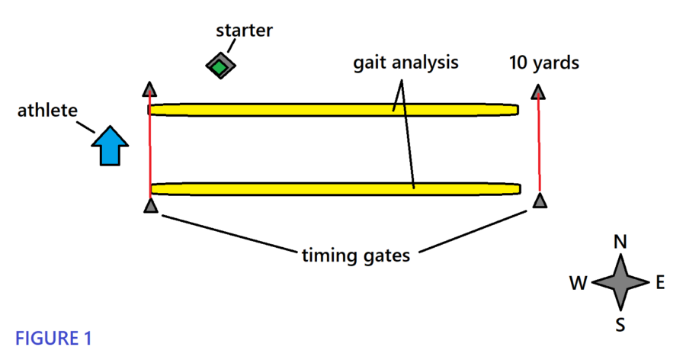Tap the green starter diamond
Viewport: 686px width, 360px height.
coord(220,66)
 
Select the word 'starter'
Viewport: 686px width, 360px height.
coord(244,31)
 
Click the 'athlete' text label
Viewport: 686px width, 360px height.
coord(47,111)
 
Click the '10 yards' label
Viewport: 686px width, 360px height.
coord(544,63)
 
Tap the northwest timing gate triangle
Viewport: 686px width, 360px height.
coord(149,89)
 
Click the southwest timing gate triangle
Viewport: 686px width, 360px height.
coord(150,205)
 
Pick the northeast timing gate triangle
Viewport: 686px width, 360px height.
coord(538,92)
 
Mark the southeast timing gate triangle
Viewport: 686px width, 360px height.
coord(540,201)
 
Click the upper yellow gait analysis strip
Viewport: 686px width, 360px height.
coord(333,110)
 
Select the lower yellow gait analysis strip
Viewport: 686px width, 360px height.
coord(335,188)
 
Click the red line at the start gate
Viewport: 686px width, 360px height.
coord(150,149)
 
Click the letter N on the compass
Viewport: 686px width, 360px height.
coord(620,243)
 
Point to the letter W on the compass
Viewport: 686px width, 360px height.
coord(578,284)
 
